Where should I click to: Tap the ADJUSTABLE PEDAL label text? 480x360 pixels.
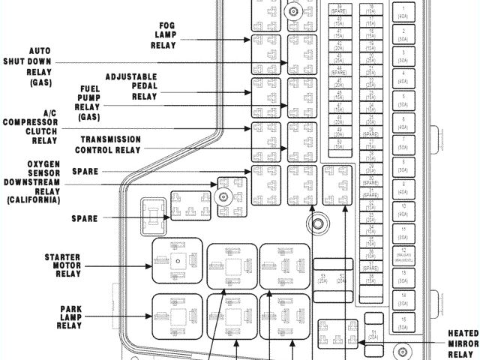(131, 82)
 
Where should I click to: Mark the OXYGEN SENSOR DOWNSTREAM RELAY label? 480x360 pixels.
(31, 182)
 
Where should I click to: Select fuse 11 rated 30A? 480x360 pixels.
(404, 229)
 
